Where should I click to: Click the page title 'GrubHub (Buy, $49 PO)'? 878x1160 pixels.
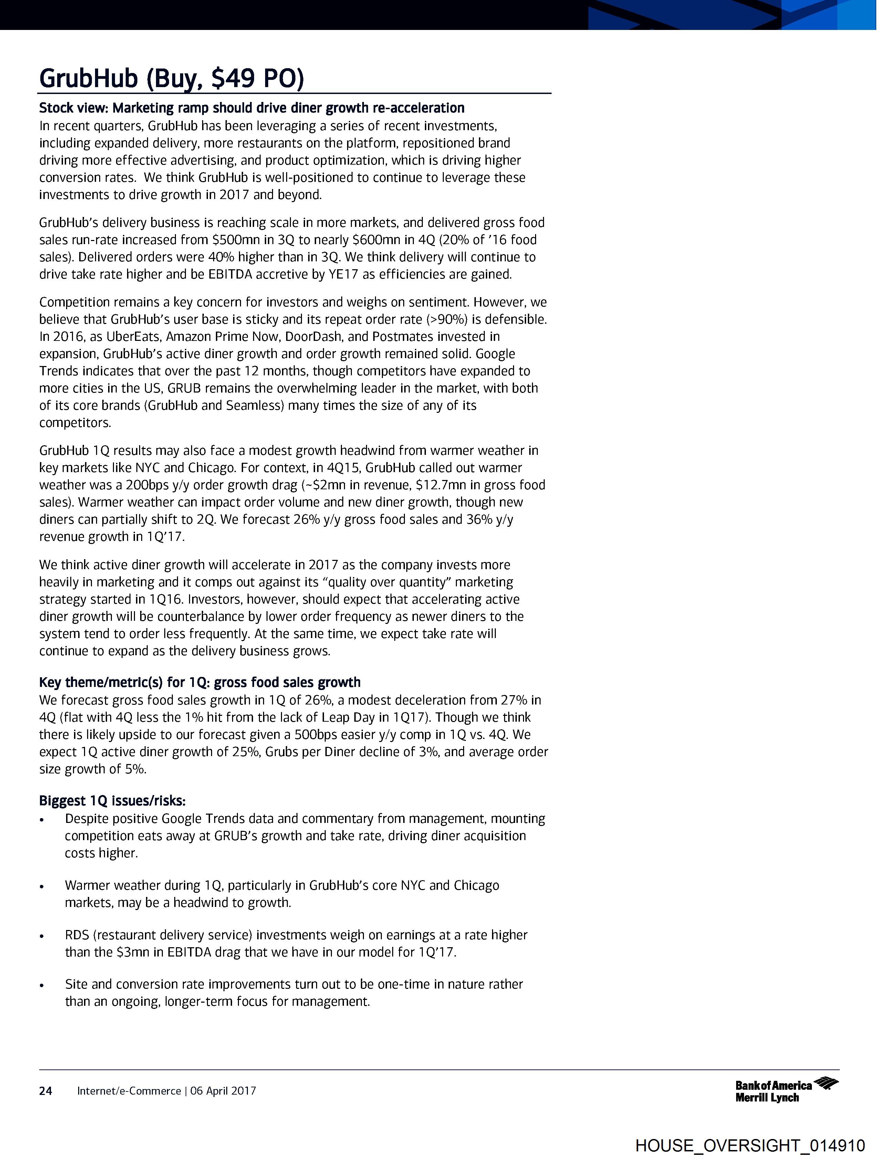coord(171,79)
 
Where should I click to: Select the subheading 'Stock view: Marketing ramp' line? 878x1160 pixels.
coord(252,108)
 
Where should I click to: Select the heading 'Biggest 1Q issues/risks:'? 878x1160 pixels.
coord(112,801)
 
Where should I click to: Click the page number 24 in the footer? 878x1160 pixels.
coord(46,1091)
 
